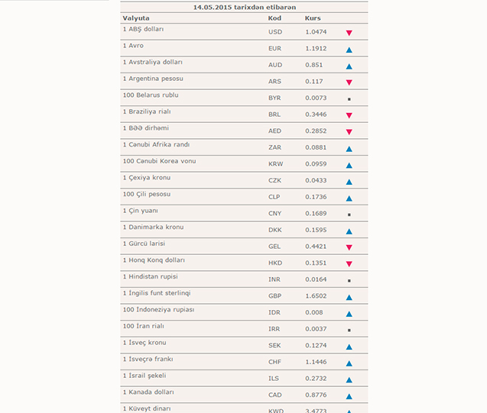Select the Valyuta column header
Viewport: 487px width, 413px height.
click(x=136, y=17)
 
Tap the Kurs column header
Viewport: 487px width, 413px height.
click(x=313, y=17)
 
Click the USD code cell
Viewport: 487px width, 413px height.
click(x=275, y=32)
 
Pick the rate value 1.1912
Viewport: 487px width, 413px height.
click(x=315, y=49)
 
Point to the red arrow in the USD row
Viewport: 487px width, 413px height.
click(x=349, y=33)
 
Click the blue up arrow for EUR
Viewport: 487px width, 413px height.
click(x=349, y=50)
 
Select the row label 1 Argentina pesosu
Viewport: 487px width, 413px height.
click(x=152, y=79)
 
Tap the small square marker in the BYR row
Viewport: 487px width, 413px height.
click(x=349, y=99)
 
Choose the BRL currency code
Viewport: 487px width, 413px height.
click(x=274, y=115)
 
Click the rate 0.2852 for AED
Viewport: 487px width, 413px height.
click(x=315, y=131)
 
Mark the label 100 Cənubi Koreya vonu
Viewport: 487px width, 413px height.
click(x=159, y=161)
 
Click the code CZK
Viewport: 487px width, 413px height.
click(x=274, y=181)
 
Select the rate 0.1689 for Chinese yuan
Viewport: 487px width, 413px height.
click(x=315, y=214)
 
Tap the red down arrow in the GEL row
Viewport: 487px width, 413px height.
click(x=349, y=247)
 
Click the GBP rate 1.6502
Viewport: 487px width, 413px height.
click(x=315, y=296)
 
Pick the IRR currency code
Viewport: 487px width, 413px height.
click(x=274, y=329)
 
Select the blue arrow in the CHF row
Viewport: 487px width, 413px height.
click(x=349, y=363)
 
